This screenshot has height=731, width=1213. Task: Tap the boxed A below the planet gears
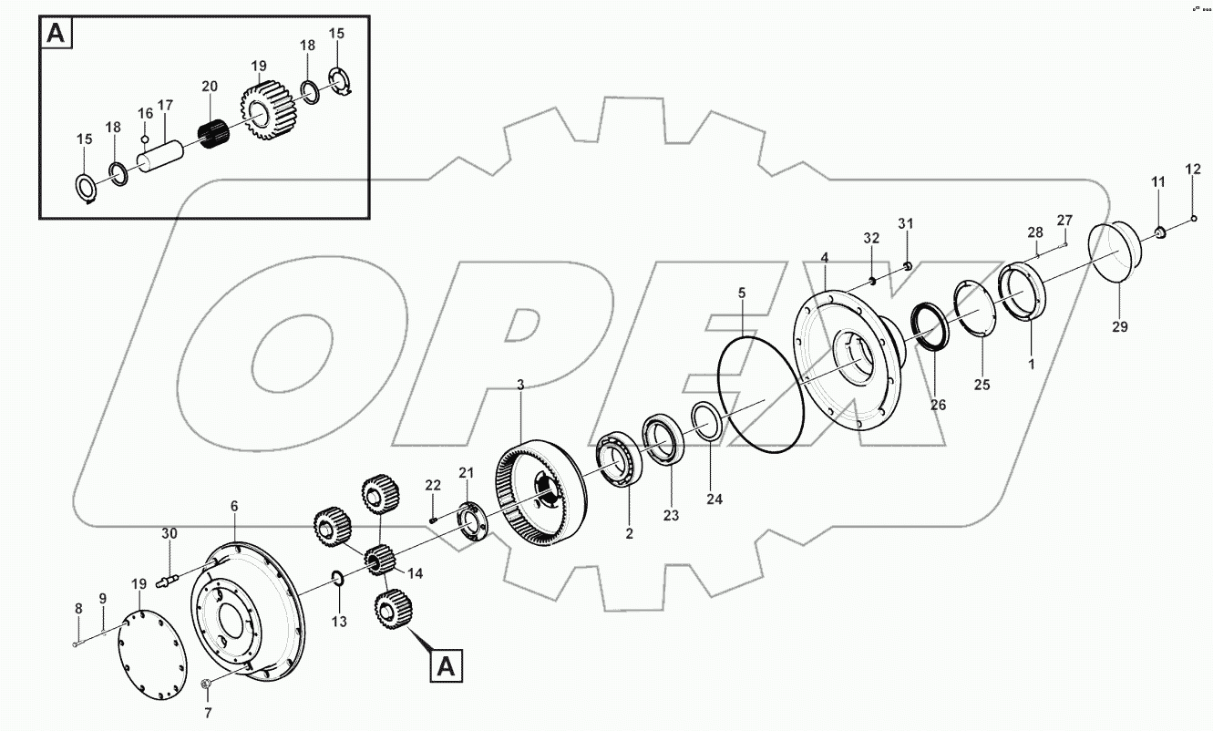pyautogui.click(x=445, y=665)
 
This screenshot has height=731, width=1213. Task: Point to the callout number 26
pyautogui.click(x=937, y=405)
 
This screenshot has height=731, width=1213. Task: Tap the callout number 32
pyautogui.click(x=871, y=239)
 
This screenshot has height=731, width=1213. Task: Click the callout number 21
pyautogui.click(x=466, y=472)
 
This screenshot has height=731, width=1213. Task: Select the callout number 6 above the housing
pyautogui.click(x=233, y=506)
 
